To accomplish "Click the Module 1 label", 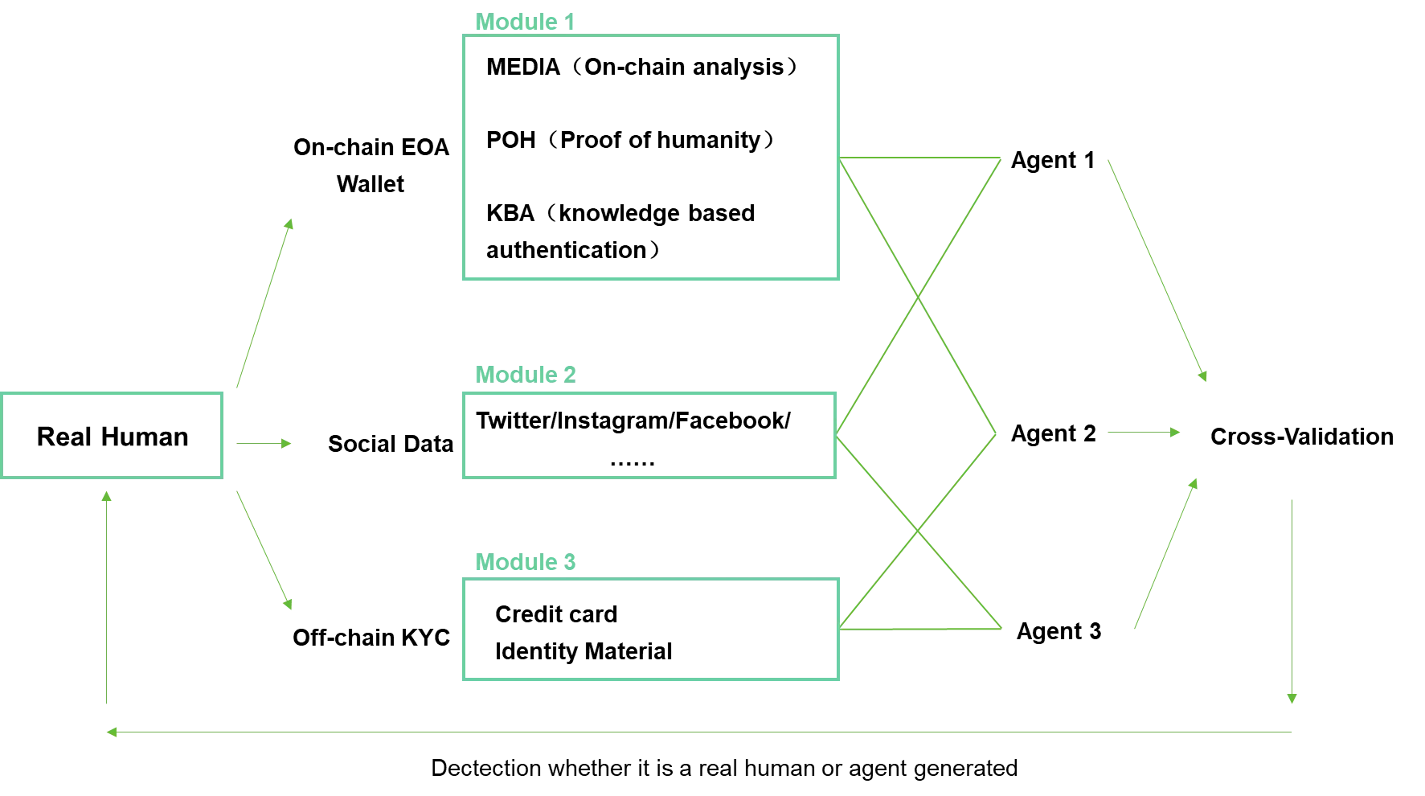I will tap(526, 22).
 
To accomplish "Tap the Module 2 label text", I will tap(526, 373).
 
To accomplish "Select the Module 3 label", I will tap(526, 562).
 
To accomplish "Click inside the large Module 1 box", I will tap(649, 158).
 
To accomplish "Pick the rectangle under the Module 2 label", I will tap(649, 435).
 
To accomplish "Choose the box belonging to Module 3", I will tap(649, 628).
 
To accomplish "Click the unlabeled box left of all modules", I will tap(112, 435).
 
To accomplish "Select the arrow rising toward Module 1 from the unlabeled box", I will tap(264, 302).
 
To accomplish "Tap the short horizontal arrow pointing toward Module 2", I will tap(263, 442).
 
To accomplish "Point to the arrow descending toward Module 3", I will tap(264, 549).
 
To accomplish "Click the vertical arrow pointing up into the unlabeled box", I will tap(106, 599).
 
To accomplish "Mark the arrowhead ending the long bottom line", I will tap(112, 732).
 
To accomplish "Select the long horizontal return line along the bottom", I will tap(699, 731).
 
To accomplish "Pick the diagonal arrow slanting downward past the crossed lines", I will tap(1157, 269).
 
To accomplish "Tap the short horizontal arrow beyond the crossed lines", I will tap(1144, 433).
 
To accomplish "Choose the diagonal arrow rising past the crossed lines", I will tap(1166, 553).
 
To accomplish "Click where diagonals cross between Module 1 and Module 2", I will tap(918, 298).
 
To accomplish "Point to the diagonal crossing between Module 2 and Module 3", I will tap(918, 530).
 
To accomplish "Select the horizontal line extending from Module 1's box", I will tap(921, 157).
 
